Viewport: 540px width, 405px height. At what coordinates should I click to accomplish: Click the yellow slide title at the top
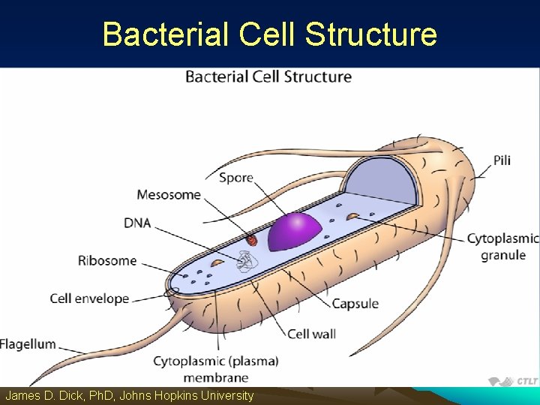269,34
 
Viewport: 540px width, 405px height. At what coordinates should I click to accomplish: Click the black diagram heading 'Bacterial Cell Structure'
268,76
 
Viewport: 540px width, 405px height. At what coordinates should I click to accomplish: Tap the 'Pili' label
502,160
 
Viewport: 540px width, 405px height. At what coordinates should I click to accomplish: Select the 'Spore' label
235,178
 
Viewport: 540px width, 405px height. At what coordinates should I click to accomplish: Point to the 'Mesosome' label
169,195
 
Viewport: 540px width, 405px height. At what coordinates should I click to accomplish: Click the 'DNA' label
137,223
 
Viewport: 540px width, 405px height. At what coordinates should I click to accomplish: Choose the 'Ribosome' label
107,261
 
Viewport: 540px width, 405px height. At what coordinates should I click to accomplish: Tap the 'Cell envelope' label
89,298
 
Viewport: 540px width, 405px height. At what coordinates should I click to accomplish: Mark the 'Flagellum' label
28,344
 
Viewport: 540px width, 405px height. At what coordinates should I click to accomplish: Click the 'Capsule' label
355,304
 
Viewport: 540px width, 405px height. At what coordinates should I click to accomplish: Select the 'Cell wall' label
311,334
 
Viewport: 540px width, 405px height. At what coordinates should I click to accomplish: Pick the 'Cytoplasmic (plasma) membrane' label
215,369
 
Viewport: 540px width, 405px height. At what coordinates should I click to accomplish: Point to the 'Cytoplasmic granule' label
502,247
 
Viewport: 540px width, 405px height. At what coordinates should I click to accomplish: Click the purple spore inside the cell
295,231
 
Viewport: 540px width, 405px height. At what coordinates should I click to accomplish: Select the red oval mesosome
252,240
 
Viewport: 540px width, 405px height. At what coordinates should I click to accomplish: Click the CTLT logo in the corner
513,381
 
